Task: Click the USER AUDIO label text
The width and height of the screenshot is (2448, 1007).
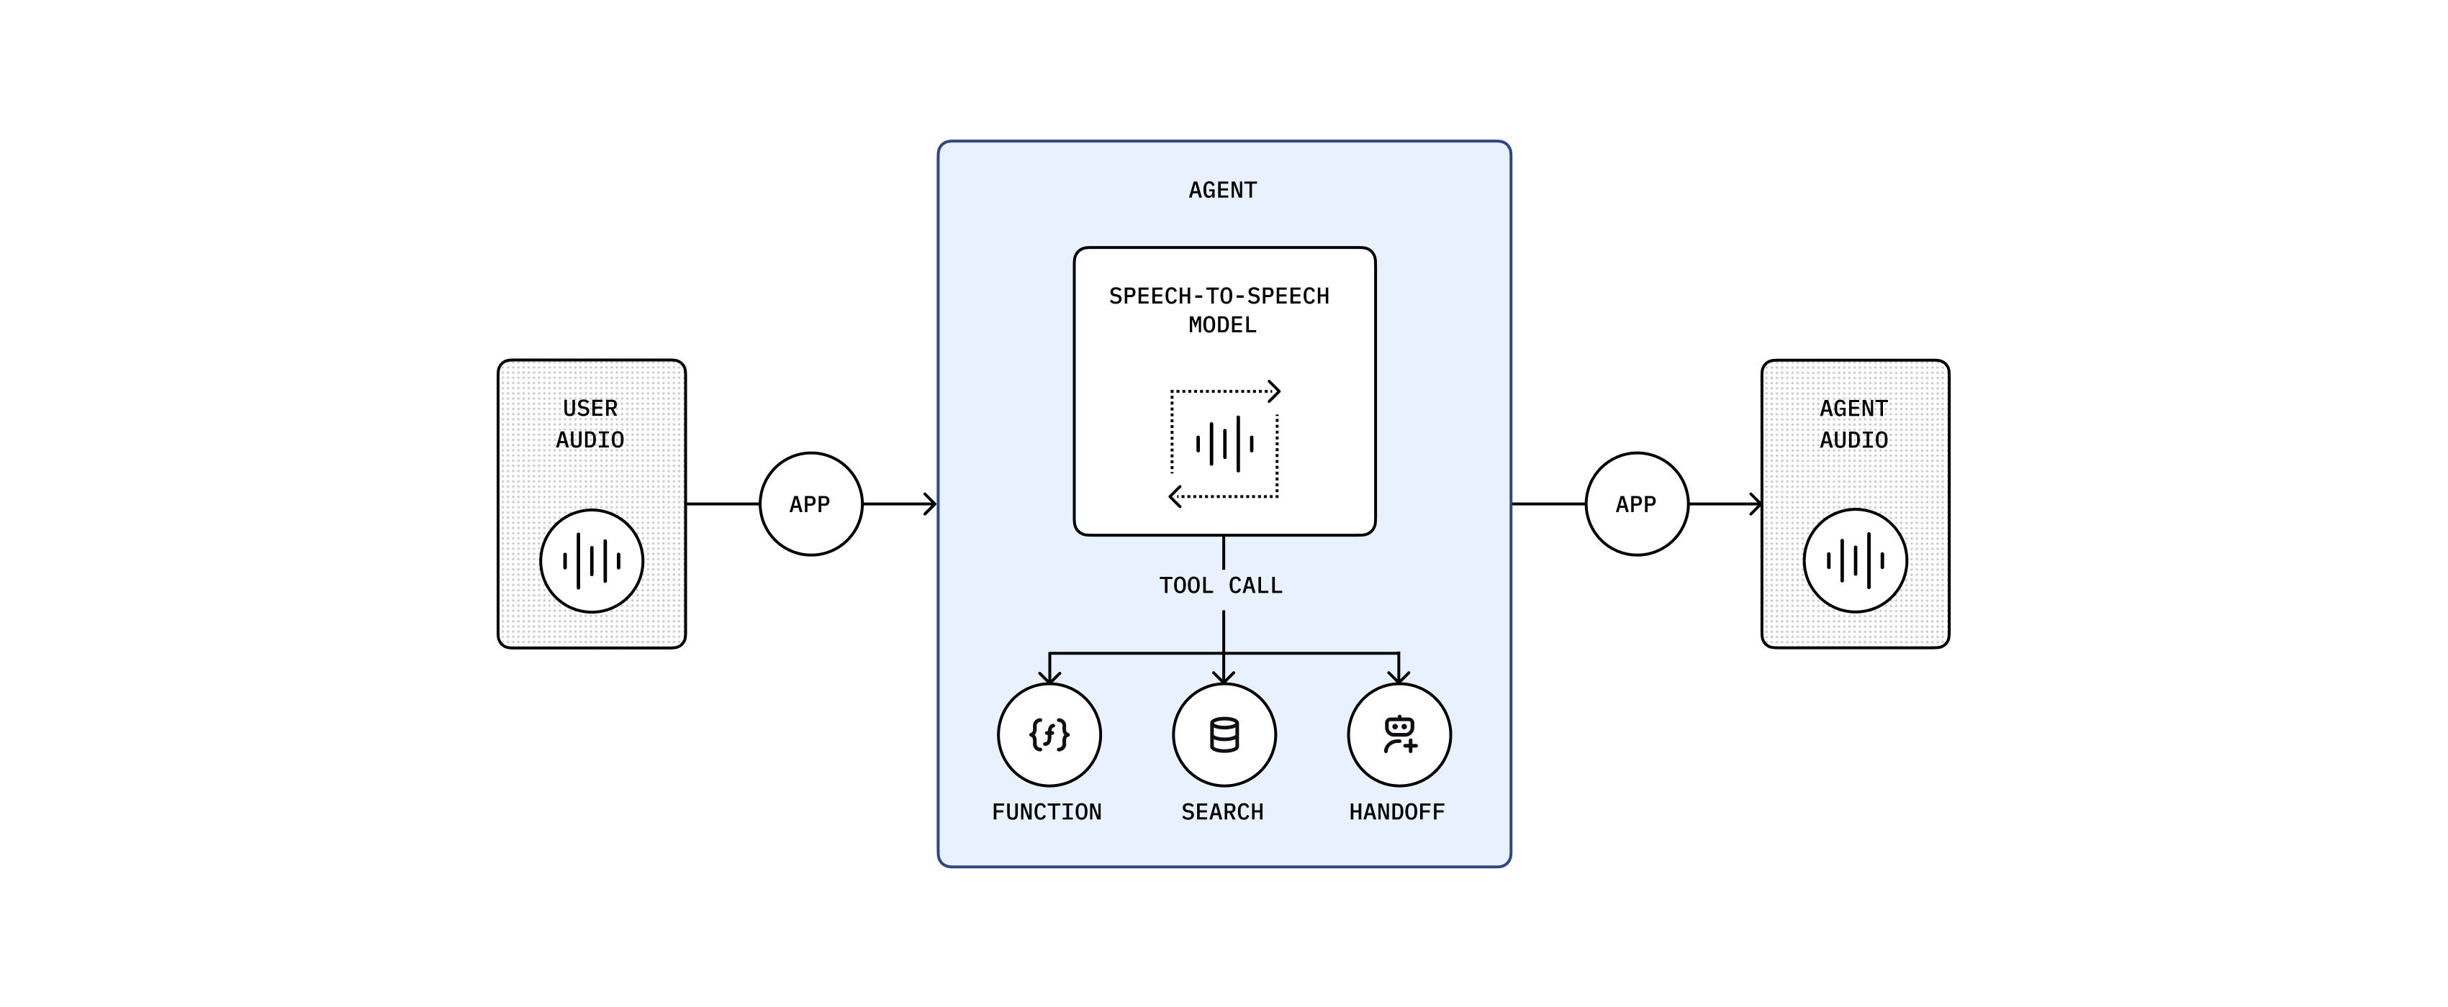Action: (x=590, y=424)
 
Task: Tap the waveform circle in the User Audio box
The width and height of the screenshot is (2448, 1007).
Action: (x=591, y=560)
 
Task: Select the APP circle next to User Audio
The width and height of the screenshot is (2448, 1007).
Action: (x=810, y=504)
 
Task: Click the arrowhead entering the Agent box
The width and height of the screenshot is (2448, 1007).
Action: (x=931, y=504)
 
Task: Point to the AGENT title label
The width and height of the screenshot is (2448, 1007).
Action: (x=1223, y=191)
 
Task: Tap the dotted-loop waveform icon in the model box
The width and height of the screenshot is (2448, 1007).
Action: (x=1224, y=444)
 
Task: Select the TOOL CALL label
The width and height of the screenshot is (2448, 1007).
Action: (x=1221, y=585)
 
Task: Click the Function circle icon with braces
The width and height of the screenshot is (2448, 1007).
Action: (x=1049, y=734)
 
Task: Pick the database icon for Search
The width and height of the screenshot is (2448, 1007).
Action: (x=1224, y=734)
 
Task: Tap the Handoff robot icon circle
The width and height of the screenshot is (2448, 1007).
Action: (x=1399, y=734)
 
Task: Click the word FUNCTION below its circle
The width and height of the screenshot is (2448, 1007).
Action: (x=1047, y=812)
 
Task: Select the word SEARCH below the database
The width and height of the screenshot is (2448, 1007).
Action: (x=1222, y=812)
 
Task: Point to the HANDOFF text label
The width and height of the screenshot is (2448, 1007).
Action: (x=1397, y=812)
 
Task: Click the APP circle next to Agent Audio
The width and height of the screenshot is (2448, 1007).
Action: (x=1636, y=504)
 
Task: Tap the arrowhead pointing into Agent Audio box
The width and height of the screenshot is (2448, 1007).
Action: (x=1756, y=504)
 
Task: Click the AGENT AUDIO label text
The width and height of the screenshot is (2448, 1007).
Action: (x=1853, y=424)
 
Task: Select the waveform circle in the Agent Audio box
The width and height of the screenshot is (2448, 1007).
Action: (x=1855, y=560)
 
